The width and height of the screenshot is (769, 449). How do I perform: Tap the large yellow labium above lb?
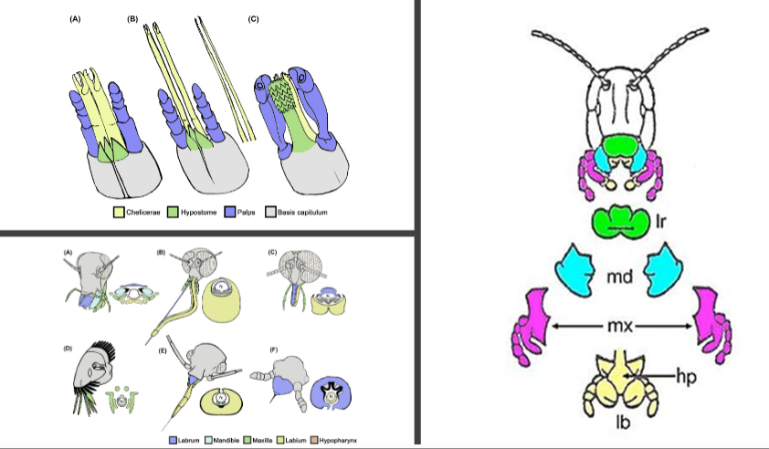620,383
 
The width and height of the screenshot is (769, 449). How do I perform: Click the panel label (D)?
67,348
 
